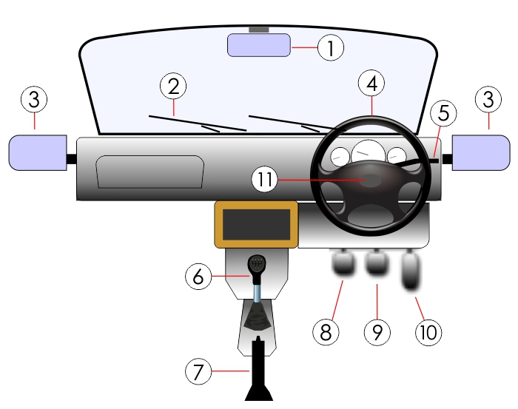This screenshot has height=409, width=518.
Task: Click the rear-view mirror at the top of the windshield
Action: click(258, 45)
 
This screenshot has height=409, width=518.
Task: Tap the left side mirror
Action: click(37, 152)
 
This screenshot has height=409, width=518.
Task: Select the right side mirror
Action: click(480, 152)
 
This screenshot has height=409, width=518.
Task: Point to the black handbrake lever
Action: click(258, 370)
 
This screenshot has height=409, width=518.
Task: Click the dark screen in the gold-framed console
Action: click(256, 224)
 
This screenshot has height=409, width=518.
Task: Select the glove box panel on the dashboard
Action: click(149, 172)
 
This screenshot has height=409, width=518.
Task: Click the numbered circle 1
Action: click(331, 49)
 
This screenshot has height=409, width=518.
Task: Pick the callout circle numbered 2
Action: click(173, 87)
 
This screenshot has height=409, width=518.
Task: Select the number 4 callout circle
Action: click(371, 84)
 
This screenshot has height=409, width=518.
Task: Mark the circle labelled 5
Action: click(443, 113)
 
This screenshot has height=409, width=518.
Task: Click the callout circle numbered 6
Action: click(198, 277)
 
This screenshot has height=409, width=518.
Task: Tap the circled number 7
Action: click(198, 372)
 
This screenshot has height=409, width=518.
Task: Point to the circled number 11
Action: click(266, 179)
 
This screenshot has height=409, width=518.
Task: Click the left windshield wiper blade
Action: click(197, 124)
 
